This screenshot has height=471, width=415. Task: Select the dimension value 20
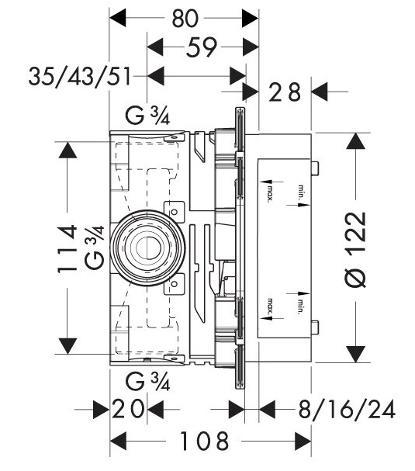click(128, 410)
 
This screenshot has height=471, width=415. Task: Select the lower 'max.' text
click(270, 310)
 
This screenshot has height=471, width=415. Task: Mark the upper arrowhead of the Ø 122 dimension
click(356, 143)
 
